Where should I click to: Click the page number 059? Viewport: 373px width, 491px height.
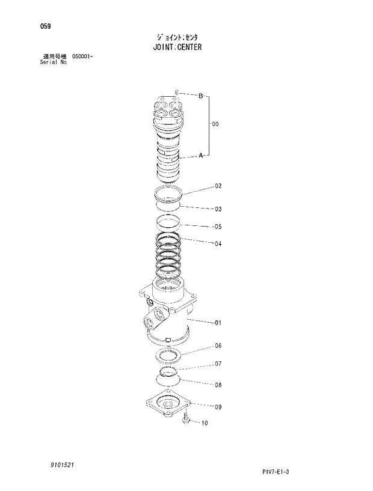[x=45, y=26]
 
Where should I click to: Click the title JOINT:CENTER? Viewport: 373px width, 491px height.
[x=177, y=47]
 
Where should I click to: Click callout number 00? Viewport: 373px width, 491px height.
[x=215, y=124]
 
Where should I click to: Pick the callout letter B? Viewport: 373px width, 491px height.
[x=201, y=96]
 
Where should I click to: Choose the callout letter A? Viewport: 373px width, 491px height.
[x=201, y=155]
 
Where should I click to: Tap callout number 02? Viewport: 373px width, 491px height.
[x=218, y=186]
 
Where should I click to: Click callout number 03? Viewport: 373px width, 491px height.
[x=218, y=209]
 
